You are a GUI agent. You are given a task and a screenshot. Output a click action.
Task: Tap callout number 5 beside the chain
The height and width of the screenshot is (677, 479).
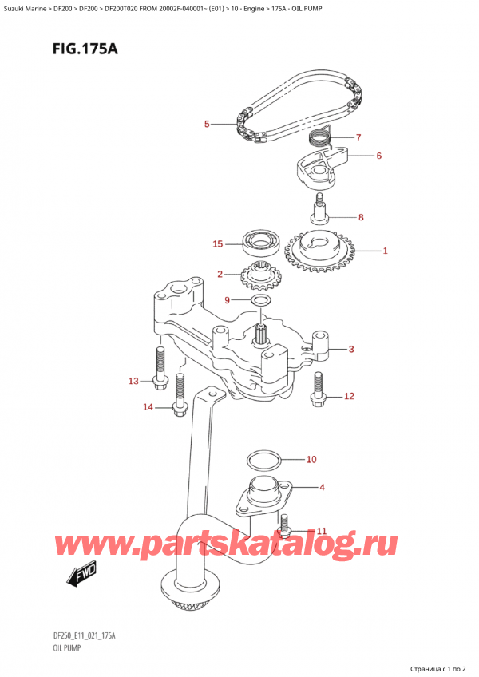[206, 124]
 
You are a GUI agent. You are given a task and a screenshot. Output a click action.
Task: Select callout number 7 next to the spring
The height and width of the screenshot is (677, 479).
[358, 137]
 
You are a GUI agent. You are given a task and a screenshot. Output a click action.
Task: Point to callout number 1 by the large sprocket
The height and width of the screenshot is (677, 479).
[385, 251]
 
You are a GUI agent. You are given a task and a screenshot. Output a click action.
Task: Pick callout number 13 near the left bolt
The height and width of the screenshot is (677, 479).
[133, 381]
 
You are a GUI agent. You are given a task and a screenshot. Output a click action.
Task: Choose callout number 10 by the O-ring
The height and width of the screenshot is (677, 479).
[311, 460]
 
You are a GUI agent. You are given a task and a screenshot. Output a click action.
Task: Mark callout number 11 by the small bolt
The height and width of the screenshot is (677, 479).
[322, 531]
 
